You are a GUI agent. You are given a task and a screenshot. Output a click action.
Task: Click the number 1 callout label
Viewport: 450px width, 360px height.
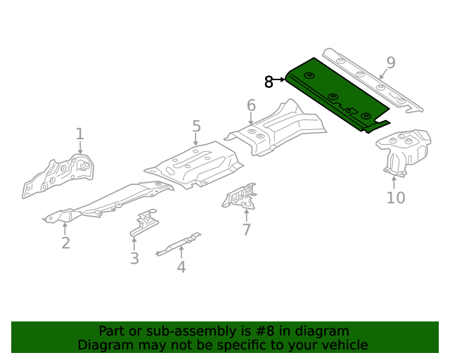point(79,134)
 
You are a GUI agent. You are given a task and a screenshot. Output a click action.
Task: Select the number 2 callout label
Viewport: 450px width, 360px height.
point(65,243)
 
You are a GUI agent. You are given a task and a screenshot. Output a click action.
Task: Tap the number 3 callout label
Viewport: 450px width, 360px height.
point(134,258)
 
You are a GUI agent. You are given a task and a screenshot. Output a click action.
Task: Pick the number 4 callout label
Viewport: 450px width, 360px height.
point(181,266)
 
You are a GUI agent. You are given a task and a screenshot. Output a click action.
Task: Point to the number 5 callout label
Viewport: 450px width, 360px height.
point(196,127)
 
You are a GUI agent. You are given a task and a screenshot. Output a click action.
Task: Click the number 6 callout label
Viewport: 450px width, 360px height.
point(251,106)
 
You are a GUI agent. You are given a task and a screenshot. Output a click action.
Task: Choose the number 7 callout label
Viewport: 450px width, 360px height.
point(246,230)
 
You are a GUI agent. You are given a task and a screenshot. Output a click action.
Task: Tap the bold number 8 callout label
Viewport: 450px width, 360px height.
point(269,82)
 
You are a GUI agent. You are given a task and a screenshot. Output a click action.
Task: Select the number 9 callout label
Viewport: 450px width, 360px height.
point(390,63)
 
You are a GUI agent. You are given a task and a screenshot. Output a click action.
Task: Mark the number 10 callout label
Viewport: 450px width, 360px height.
point(396,198)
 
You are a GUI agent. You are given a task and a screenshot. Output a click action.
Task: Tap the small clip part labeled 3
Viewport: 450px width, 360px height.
point(143,223)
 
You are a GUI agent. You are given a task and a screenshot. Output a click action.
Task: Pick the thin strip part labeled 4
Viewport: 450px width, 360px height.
point(179,243)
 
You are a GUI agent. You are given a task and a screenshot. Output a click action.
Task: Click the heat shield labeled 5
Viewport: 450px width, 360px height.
point(193,166)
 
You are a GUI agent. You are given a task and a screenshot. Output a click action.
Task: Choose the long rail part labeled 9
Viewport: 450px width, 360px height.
point(373,79)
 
